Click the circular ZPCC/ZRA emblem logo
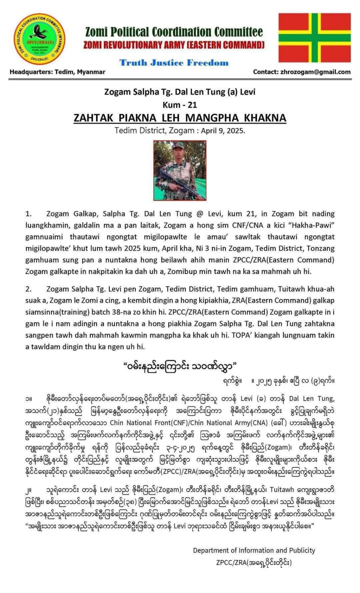[39, 39]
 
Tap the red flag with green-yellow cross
[314, 38]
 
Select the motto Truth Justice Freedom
[174, 63]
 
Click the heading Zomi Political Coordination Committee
[174, 32]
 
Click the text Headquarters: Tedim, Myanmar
[57, 72]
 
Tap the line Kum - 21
[180, 105]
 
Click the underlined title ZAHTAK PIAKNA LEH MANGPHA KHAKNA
[180, 118]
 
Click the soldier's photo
[180, 170]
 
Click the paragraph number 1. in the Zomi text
[28, 214]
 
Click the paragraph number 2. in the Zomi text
[28, 289]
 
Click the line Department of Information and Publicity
[254, 550]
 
